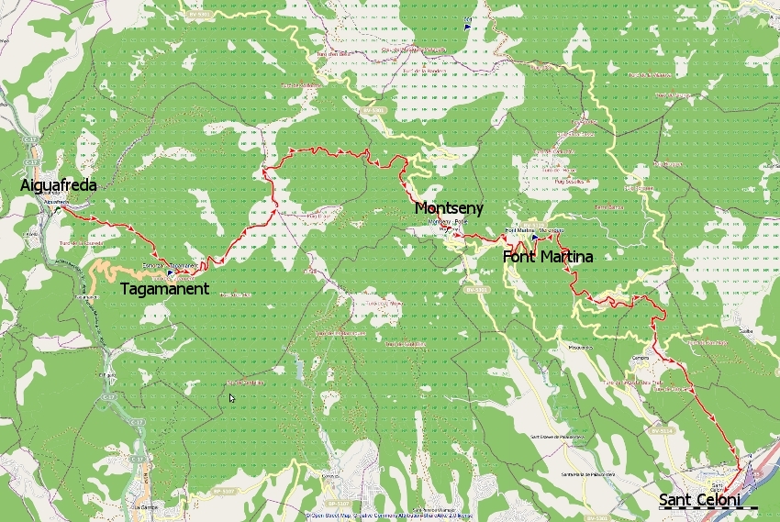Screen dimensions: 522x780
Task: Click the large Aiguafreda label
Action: [x=59, y=185]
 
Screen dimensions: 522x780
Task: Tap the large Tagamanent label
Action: [x=165, y=288]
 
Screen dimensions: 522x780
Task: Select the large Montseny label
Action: [x=449, y=209]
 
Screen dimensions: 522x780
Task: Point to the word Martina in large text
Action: [x=566, y=257]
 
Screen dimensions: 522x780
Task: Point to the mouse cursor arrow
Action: [x=231, y=397]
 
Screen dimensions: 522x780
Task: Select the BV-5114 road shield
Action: [x=660, y=429]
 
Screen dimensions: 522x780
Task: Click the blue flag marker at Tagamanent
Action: [x=171, y=272]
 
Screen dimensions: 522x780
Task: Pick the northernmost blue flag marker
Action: [x=468, y=26]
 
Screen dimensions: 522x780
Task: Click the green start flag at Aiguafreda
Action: [x=57, y=208]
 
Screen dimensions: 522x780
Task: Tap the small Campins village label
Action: [x=641, y=359]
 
